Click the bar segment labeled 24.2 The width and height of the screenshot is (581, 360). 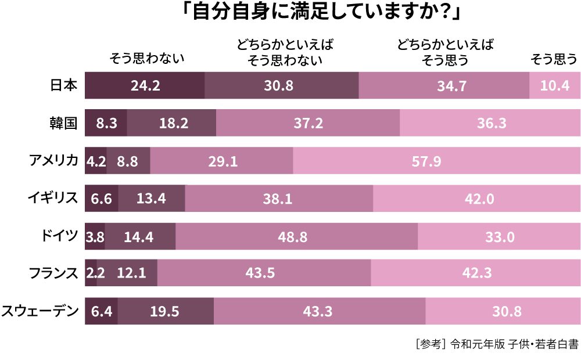145,85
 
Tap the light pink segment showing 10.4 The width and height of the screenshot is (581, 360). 555,85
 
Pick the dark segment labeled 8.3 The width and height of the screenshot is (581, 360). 106,123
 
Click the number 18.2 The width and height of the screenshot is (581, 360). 173,123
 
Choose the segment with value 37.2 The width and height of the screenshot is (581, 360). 308,123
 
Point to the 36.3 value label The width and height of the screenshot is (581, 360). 492,123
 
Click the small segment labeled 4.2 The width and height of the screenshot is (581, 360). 96,161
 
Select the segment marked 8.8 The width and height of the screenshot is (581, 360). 128,161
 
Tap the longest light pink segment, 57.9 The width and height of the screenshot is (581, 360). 426,161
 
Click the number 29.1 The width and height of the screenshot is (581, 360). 223,161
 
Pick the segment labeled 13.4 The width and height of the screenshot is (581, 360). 151,199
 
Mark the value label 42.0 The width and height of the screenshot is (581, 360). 479,199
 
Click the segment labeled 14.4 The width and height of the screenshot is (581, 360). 139,236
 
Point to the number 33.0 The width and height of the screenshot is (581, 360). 500,237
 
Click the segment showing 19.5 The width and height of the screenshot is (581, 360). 165,311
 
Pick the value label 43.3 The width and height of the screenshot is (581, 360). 318,311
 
